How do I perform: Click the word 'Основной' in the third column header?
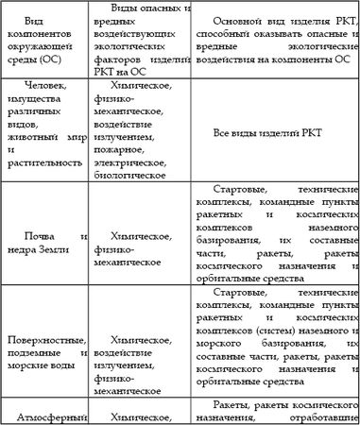[240, 20]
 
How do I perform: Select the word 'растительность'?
[44, 161]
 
